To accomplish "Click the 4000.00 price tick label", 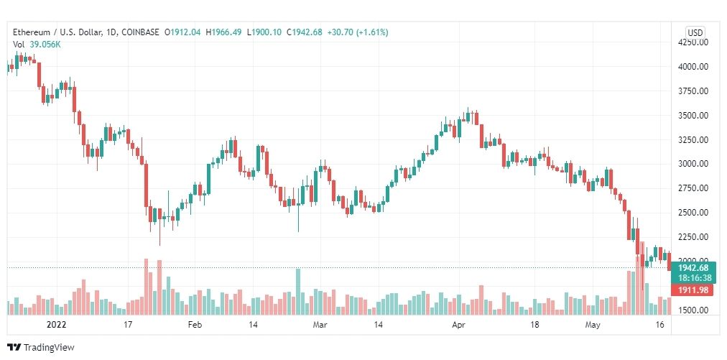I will [x=695, y=67].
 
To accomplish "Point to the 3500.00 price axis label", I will [x=695, y=115].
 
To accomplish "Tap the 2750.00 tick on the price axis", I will [x=695, y=188].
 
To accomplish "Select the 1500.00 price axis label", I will [x=695, y=310].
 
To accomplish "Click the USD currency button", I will [x=695, y=33].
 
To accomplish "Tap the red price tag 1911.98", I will [x=694, y=290].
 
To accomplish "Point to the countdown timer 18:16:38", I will [x=694, y=278].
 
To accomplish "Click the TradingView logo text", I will [x=50, y=348].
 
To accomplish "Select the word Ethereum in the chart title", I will [x=32, y=32].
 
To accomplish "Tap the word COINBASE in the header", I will [x=141, y=32].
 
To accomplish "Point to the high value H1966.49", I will [x=223, y=32].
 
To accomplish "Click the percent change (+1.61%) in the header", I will [x=368, y=32].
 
